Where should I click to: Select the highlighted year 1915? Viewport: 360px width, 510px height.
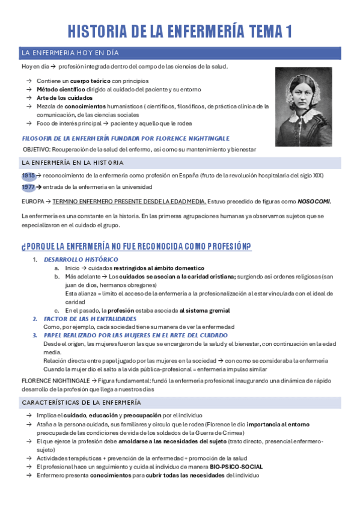point(28,176)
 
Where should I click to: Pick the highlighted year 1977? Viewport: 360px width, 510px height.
point(28,188)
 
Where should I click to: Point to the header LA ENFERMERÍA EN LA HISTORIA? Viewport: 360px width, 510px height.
point(73,162)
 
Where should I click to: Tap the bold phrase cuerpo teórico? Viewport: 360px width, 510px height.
point(90,81)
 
